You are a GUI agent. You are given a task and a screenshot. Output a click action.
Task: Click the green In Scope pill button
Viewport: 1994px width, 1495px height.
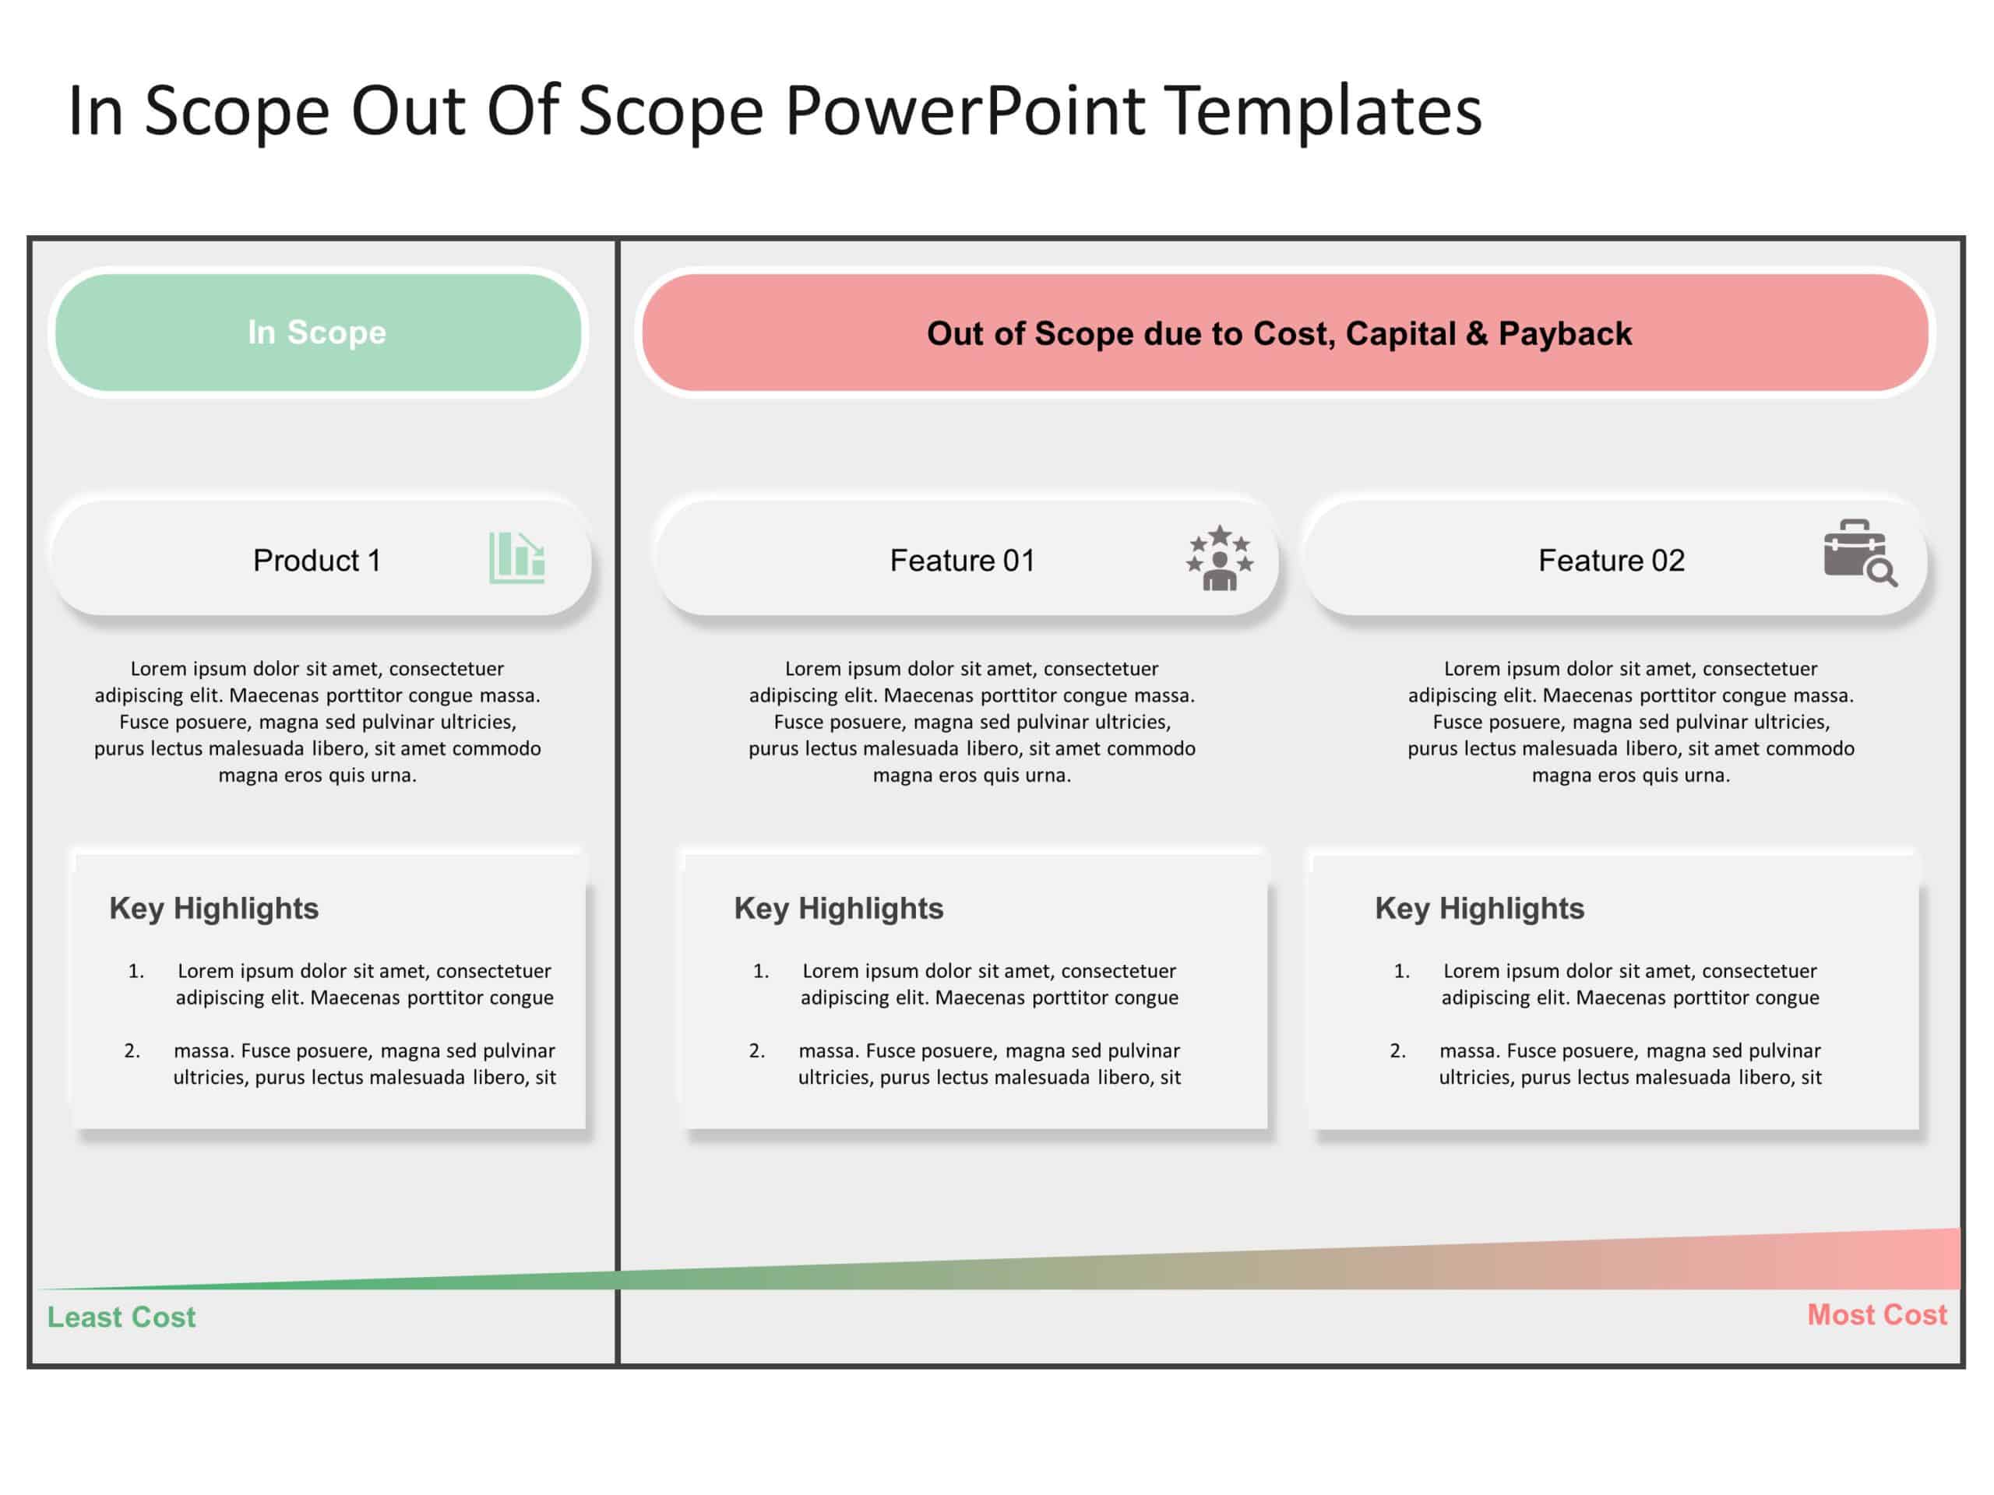click(x=317, y=332)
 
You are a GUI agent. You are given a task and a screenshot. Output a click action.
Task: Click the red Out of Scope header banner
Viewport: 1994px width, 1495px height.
click(x=1284, y=333)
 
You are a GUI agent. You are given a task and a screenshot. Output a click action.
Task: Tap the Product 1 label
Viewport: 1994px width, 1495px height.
click(x=316, y=561)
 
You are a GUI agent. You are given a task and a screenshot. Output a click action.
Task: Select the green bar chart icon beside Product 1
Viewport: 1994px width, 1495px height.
click(x=516, y=557)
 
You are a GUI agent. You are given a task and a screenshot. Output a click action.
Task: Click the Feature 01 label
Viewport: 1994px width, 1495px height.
click(x=962, y=561)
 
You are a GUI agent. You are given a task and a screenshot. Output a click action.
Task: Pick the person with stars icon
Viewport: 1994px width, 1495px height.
click(x=1219, y=558)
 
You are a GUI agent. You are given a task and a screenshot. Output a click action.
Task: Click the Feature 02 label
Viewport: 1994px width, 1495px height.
click(x=1611, y=561)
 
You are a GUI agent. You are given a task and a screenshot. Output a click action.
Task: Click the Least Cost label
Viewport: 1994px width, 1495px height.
click(x=121, y=1317)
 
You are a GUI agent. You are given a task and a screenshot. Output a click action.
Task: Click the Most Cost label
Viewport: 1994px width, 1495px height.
click(x=1877, y=1315)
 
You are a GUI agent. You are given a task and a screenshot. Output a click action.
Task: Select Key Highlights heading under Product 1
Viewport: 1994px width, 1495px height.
click(x=213, y=909)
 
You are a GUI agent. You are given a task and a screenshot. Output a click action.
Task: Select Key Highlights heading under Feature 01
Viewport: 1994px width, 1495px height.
click(x=838, y=909)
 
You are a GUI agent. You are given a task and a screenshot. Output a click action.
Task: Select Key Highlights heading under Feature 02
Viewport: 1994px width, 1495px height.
click(x=1479, y=909)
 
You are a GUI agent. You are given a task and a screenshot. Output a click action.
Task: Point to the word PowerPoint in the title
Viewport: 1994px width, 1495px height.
click(x=964, y=111)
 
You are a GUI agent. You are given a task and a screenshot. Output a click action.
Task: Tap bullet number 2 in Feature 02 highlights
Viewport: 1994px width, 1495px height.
click(x=1397, y=1050)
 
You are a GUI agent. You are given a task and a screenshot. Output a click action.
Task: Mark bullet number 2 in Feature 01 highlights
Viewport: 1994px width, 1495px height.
click(x=757, y=1050)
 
